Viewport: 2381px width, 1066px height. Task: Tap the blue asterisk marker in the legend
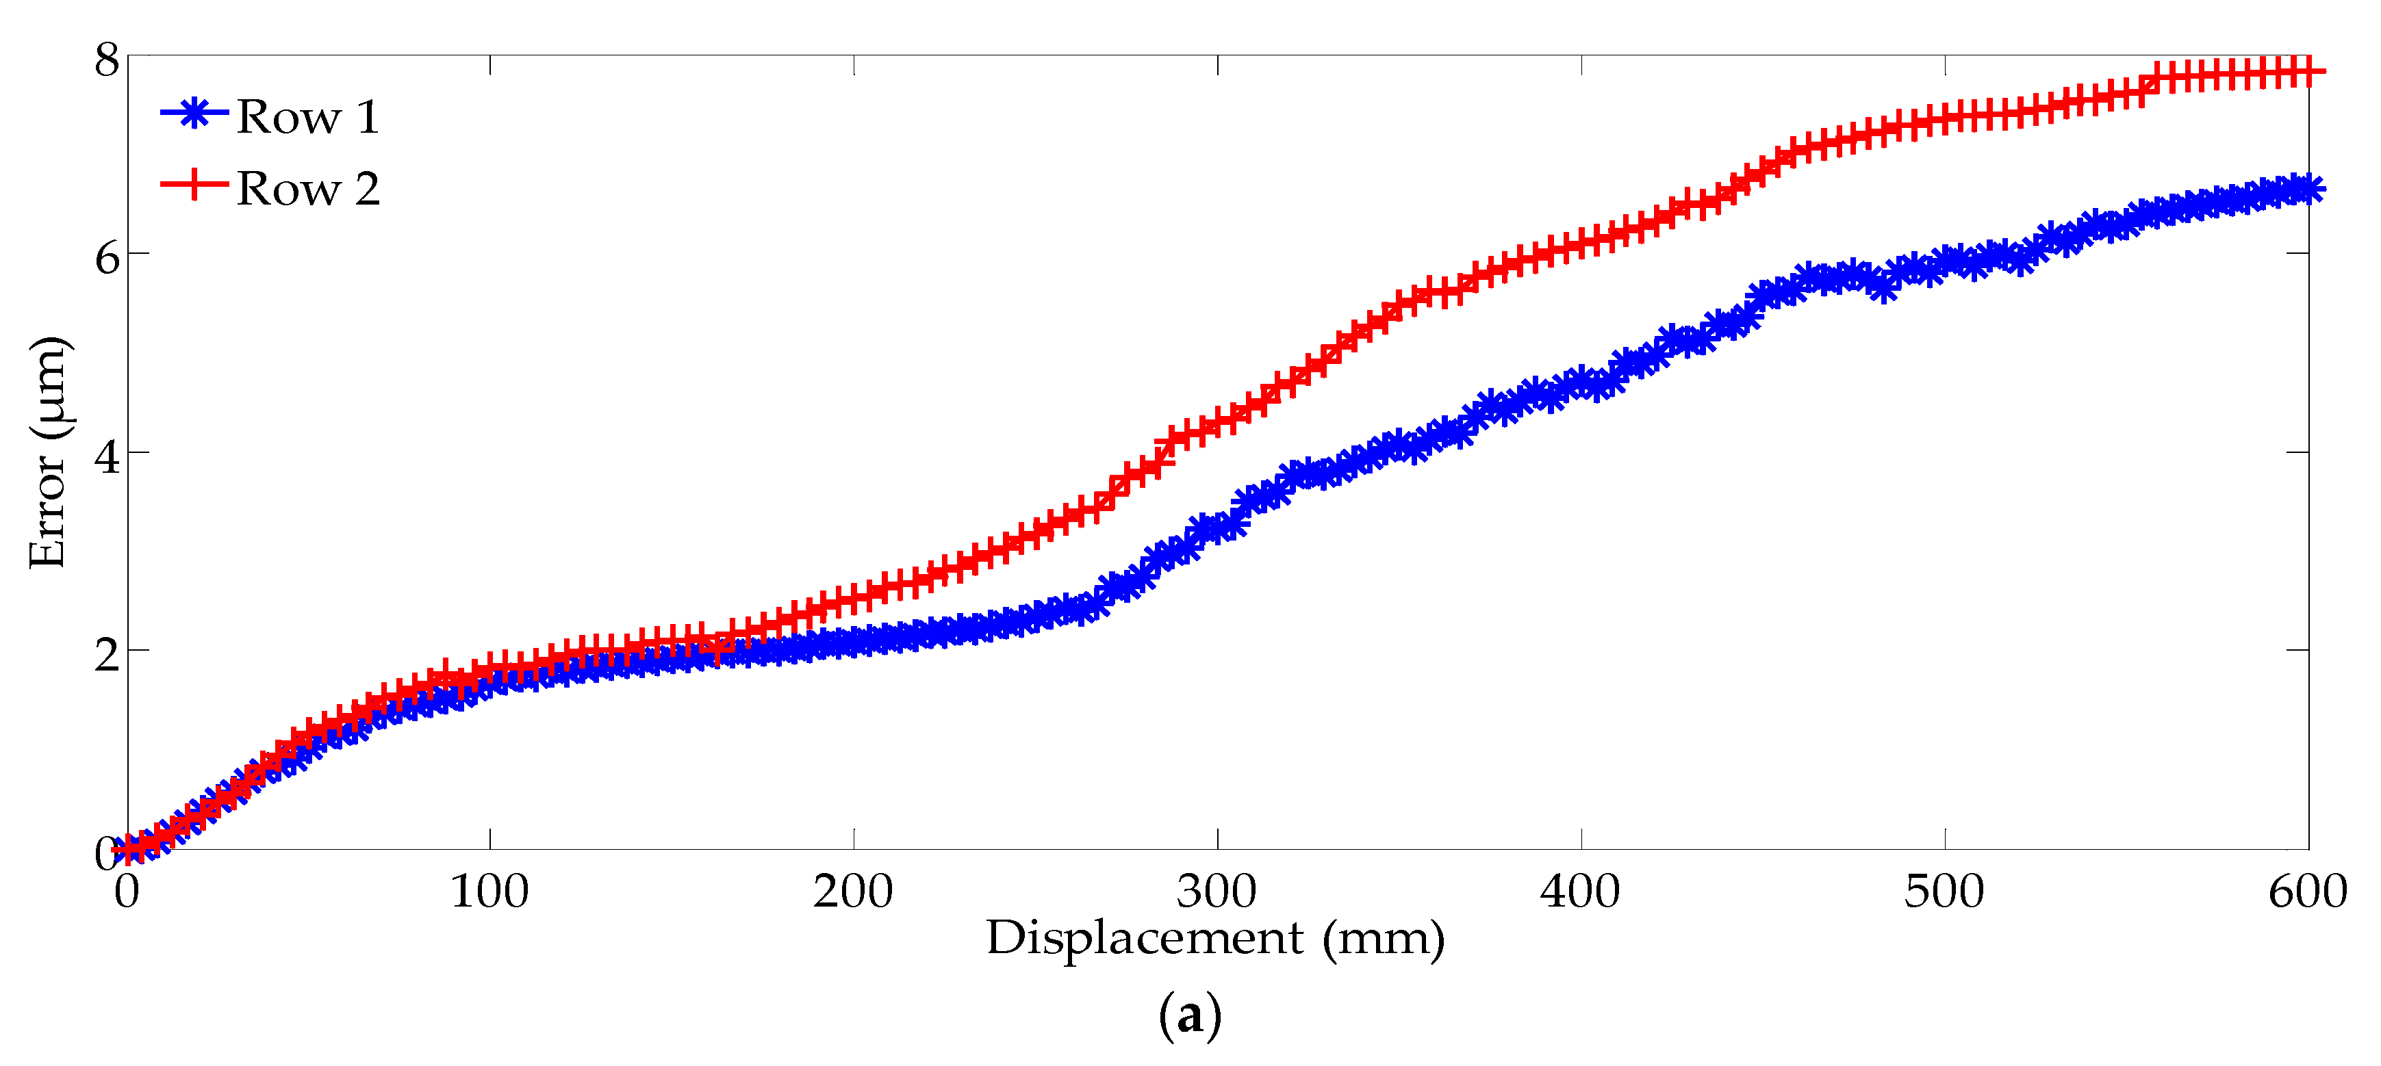194,114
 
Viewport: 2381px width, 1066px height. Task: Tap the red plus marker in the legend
194,184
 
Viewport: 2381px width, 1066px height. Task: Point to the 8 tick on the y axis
107,60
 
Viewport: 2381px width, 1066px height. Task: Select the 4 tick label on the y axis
107,456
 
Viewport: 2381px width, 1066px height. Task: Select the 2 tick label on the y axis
107,654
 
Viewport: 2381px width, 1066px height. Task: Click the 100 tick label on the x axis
489,892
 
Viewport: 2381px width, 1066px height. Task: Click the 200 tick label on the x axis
852,892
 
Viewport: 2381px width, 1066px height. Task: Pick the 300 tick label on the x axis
1217,892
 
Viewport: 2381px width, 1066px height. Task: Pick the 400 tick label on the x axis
1579,892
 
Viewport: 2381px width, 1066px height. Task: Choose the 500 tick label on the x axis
1944,892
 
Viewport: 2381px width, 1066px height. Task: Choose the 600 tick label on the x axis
2307,892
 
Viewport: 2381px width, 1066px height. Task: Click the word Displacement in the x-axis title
1144,939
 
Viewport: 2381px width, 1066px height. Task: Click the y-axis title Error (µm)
48,453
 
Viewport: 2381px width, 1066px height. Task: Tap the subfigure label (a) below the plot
1190,1015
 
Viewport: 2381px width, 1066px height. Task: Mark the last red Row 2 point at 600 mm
2308,71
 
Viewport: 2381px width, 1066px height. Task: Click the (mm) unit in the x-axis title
1383,939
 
